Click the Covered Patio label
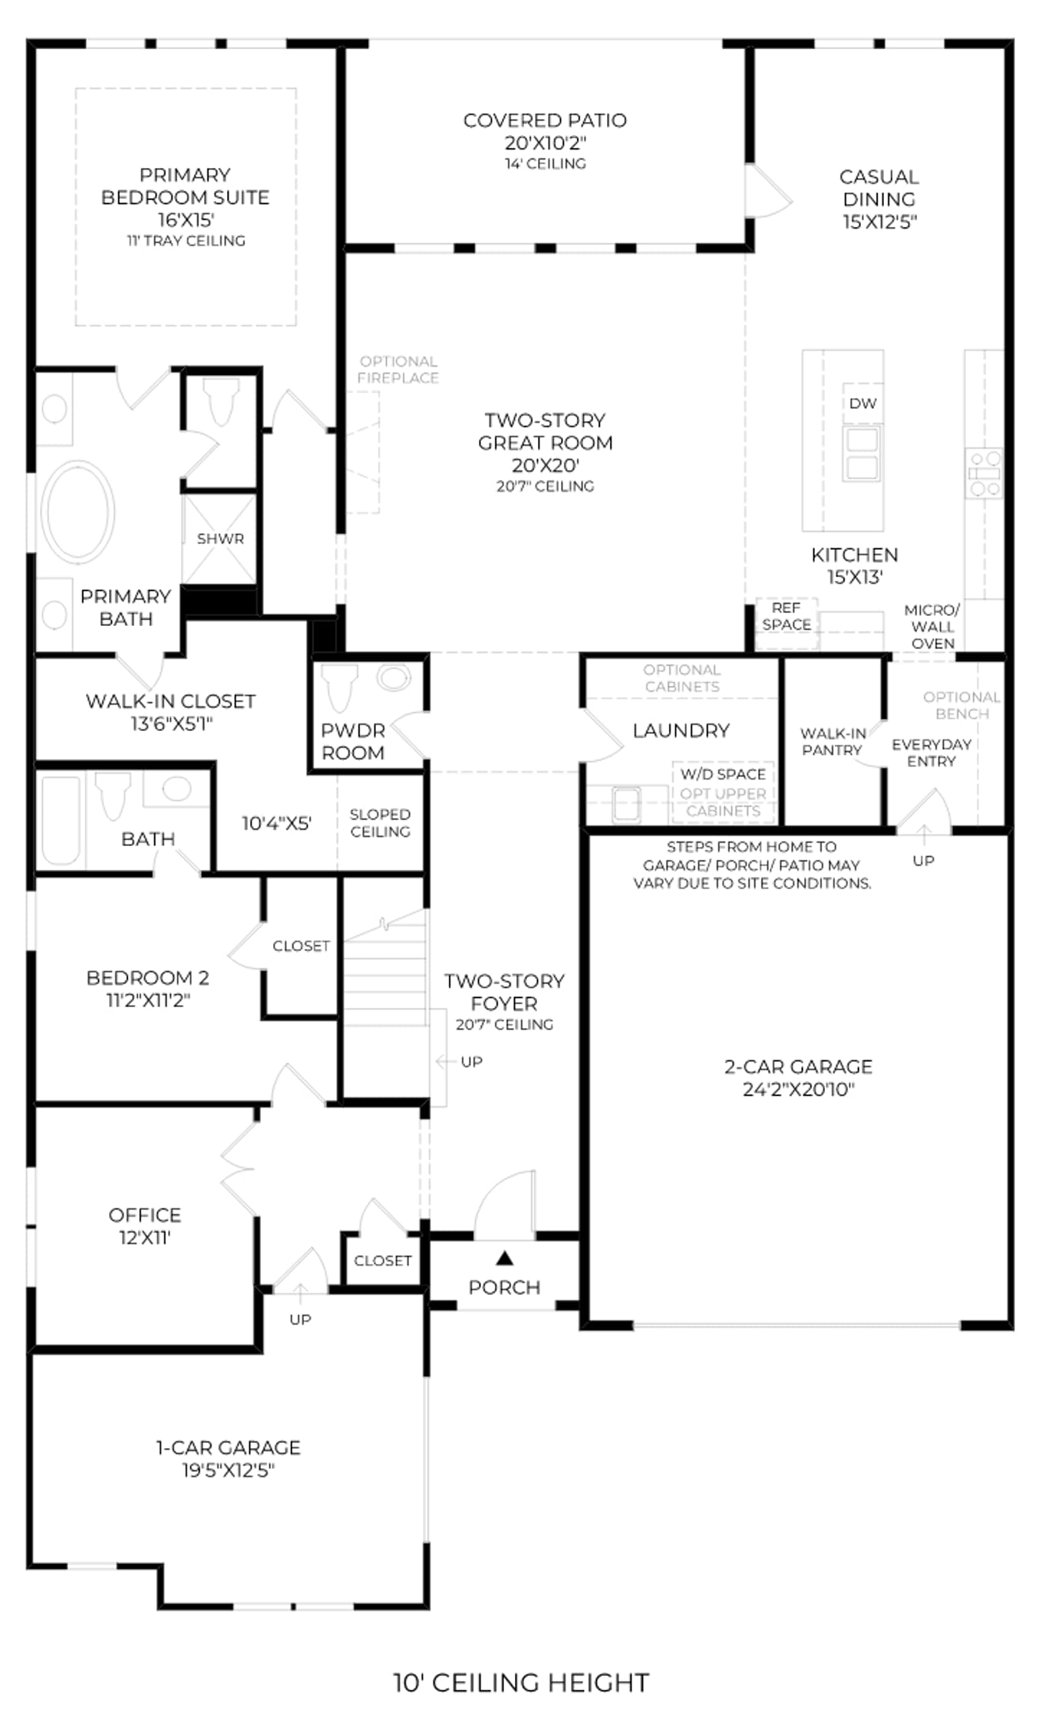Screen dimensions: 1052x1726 click(x=545, y=120)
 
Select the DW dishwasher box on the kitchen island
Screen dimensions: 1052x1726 click(x=862, y=404)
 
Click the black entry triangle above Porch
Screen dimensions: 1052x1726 click(x=504, y=1257)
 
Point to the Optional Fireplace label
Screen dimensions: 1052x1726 click(x=398, y=369)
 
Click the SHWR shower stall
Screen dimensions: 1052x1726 click(x=219, y=539)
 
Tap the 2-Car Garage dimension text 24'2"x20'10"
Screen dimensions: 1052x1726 click(x=798, y=1089)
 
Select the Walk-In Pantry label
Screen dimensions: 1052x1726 click(x=833, y=742)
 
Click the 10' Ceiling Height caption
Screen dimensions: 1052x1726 click(x=522, y=1683)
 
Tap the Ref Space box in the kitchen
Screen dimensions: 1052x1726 click(x=787, y=623)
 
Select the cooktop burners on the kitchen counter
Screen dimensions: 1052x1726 click(x=984, y=473)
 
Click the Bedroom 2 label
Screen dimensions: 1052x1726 click(x=147, y=977)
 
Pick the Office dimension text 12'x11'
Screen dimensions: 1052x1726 click(x=144, y=1237)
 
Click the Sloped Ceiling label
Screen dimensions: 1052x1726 click(x=380, y=822)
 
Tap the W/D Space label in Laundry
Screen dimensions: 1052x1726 click(x=723, y=774)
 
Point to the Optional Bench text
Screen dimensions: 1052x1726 click(x=961, y=705)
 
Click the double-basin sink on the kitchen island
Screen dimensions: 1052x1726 click(x=862, y=453)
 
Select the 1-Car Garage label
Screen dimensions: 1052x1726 click(x=229, y=1448)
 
